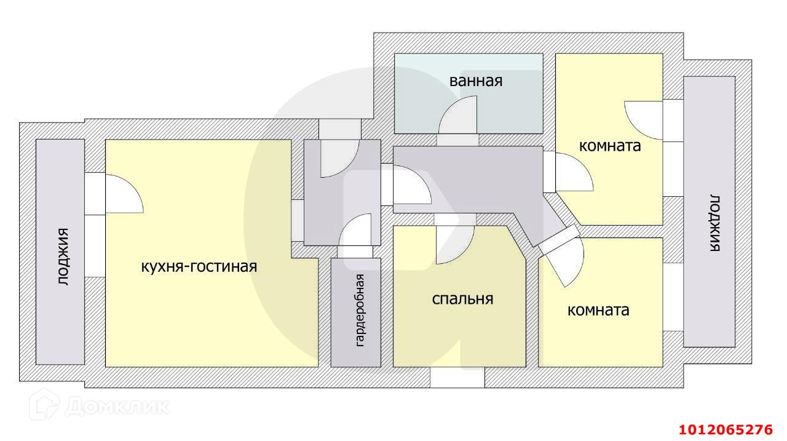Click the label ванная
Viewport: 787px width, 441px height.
476,81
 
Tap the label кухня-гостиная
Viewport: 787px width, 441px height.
199,266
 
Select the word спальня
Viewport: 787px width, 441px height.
462,299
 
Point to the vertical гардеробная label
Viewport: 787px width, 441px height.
361,309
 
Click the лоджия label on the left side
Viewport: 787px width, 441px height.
63,257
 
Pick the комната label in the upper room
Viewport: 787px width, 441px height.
610,146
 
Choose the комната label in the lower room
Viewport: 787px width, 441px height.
598,310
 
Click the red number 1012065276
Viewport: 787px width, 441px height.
726,429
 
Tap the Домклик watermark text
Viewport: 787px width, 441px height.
117,406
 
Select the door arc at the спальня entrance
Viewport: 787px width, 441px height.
454,245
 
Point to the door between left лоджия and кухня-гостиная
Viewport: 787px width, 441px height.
124,194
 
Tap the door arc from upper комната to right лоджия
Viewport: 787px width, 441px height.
643,119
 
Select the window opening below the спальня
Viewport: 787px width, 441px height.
457,377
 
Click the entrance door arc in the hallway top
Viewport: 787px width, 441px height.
339,159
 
